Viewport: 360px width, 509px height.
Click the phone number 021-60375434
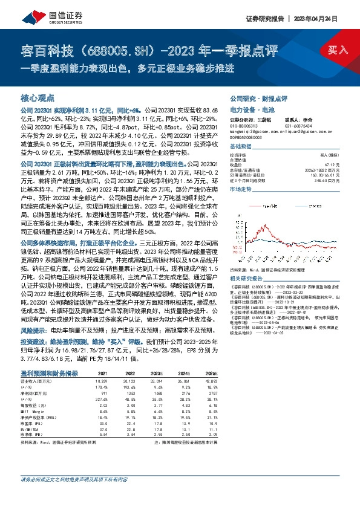[x=298, y=125]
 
